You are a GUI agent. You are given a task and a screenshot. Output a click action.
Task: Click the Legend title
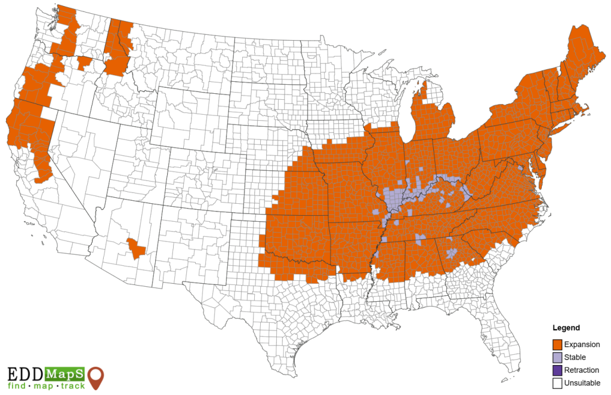(566, 328)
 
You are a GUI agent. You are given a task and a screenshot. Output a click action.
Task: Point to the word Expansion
(582, 344)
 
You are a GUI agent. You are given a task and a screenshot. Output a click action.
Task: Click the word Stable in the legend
(575, 357)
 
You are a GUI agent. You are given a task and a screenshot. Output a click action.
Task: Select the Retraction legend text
(582, 370)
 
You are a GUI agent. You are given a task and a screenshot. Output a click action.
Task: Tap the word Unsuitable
(582, 383)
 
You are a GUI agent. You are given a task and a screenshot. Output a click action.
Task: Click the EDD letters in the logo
(25, 375)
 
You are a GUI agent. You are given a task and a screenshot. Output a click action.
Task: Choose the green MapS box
(64, 375)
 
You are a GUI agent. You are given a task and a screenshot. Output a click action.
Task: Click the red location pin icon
(96, 378)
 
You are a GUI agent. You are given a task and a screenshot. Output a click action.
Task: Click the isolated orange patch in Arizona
(137, 247)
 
